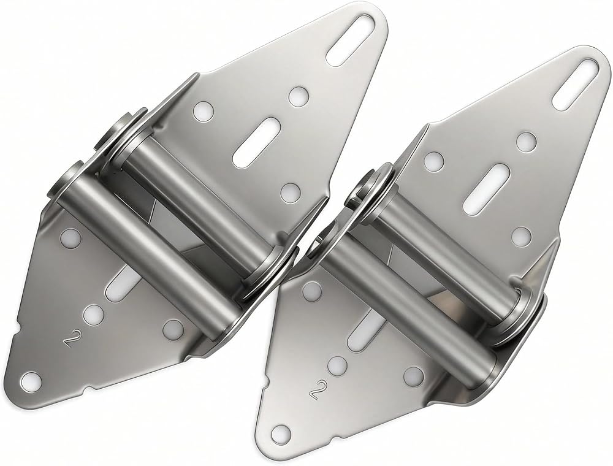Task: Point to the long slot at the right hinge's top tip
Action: pyautogui.click(x=577, y=85)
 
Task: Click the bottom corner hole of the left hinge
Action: pyautogui.click(x=30, y=380)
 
